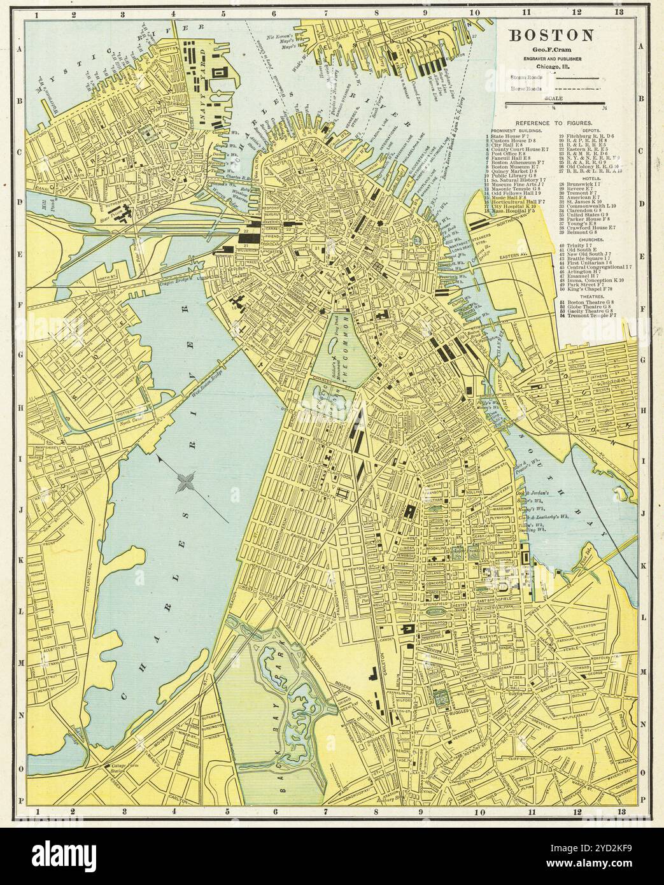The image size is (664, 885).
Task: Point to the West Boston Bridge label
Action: (x=209, y=374)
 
